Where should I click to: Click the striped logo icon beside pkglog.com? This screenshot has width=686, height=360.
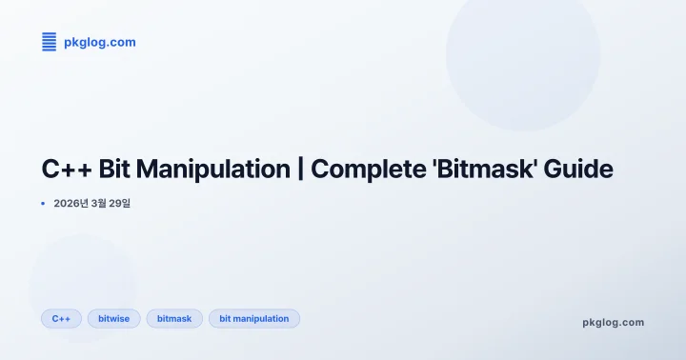tap(50, 42)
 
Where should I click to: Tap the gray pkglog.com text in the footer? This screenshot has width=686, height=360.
tap(613, 322)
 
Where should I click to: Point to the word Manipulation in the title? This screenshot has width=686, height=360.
tap(213, 170)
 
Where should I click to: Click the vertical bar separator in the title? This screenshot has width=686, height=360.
tap(300, 170)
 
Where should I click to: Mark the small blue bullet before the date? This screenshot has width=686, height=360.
tap(43, 203)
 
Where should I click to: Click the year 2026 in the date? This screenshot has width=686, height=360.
tap(66, 203)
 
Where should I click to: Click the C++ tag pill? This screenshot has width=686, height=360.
tap(61, 318)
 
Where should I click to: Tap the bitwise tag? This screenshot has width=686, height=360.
tap(113, 318)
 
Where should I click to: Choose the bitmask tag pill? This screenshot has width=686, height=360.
tap(174, 318)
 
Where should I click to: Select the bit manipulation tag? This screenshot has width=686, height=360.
tap(253, 318)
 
